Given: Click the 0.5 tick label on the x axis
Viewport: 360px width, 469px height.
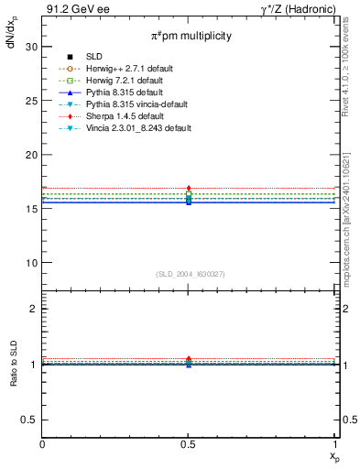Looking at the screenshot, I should coord(189,443).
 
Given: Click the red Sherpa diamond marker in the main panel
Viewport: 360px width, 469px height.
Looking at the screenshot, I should coord(189,188).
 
